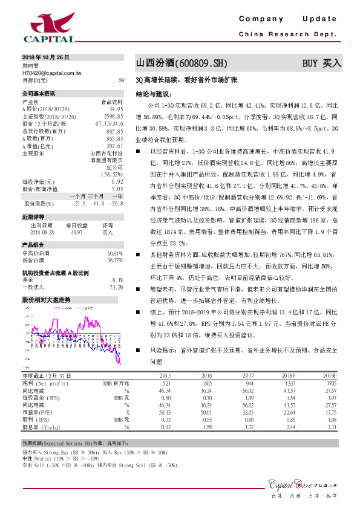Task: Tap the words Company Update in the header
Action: click(291, 19)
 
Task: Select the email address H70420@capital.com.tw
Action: click(52, 73)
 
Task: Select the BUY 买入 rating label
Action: click(322, 63)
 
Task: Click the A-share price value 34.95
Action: click(116, 109)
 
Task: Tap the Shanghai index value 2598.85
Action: click(114, 116)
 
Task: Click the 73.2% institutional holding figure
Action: click(116, 287)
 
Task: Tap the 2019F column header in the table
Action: click(329, 375)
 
